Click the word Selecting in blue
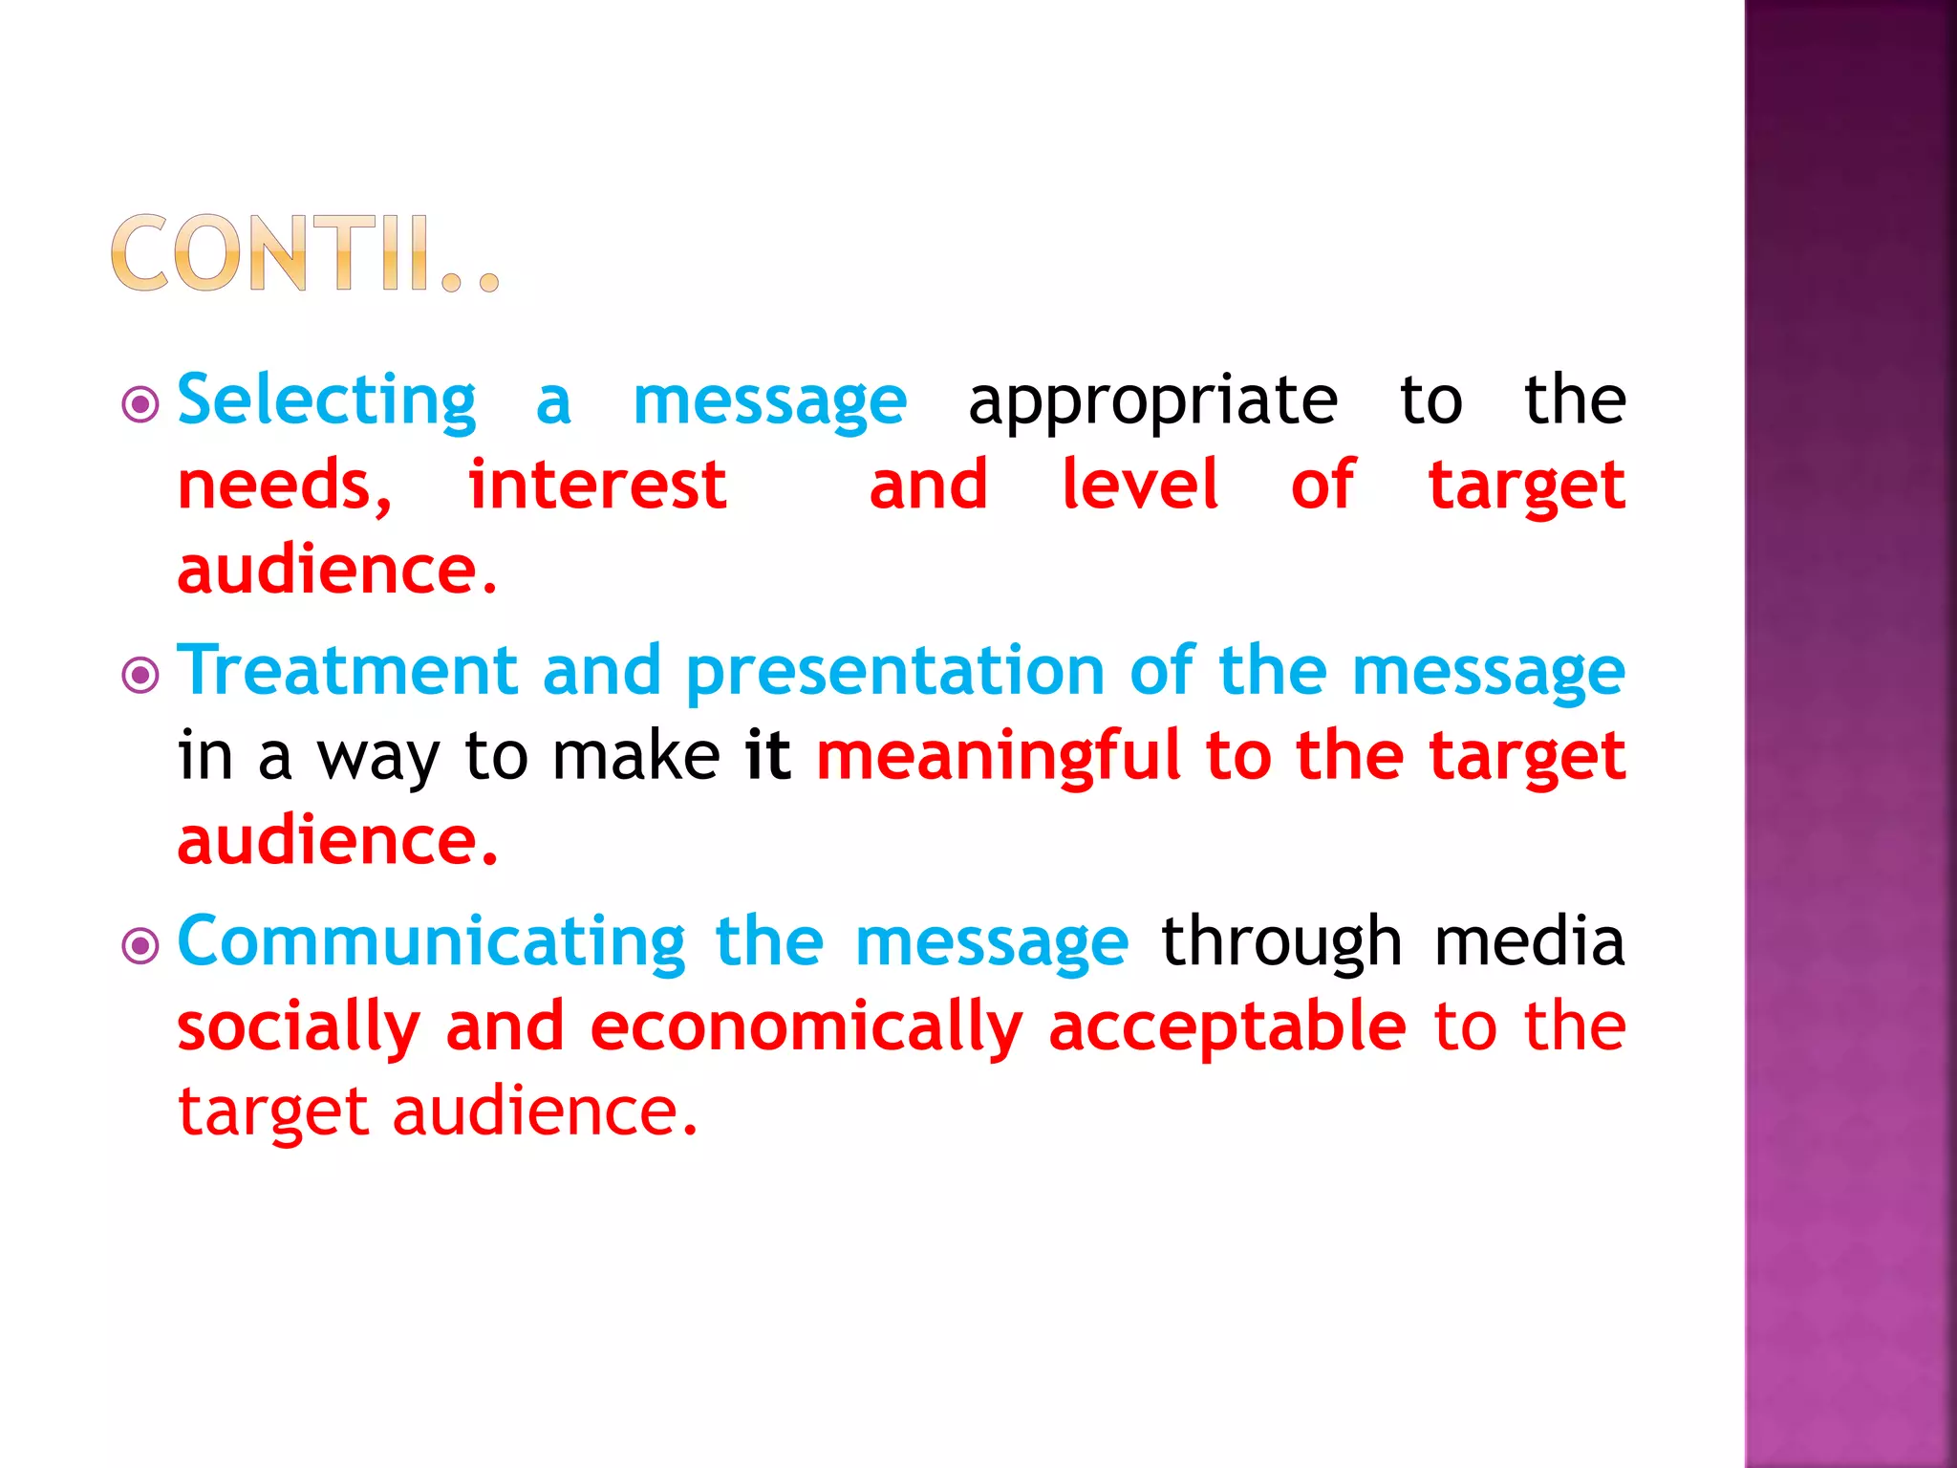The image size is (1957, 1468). click(x=327, y=399)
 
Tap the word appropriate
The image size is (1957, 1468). click(x=1152, y=401)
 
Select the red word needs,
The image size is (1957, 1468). click(x=285, y=486)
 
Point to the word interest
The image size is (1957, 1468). click(x=597, y=485)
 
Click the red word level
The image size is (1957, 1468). click(x=1140, y=485)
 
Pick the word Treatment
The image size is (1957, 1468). click(x=348, y=670)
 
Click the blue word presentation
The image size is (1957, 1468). click(x=895, y=672)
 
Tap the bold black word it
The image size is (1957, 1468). click(x=767, y=755)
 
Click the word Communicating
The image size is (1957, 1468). click(x=431, y=942)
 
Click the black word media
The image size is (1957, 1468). click(x=1529, y=941)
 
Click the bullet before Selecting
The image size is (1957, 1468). click(x=140, y=404)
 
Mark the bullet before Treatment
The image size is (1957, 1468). click(x=140, y=676)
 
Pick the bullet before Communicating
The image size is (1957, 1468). click(x=140, y=947)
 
